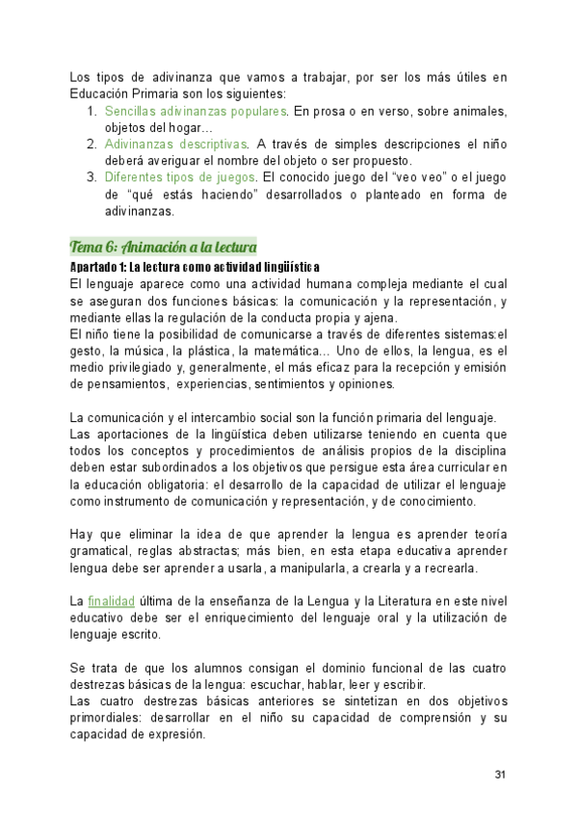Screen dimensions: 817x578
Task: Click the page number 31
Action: coord(500,775)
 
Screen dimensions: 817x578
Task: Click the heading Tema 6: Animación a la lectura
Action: coord(163,248)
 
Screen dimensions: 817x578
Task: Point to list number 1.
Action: coord(92,112)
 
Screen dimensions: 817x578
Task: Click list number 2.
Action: coord(92,145)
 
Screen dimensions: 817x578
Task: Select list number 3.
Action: coord(92,177)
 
